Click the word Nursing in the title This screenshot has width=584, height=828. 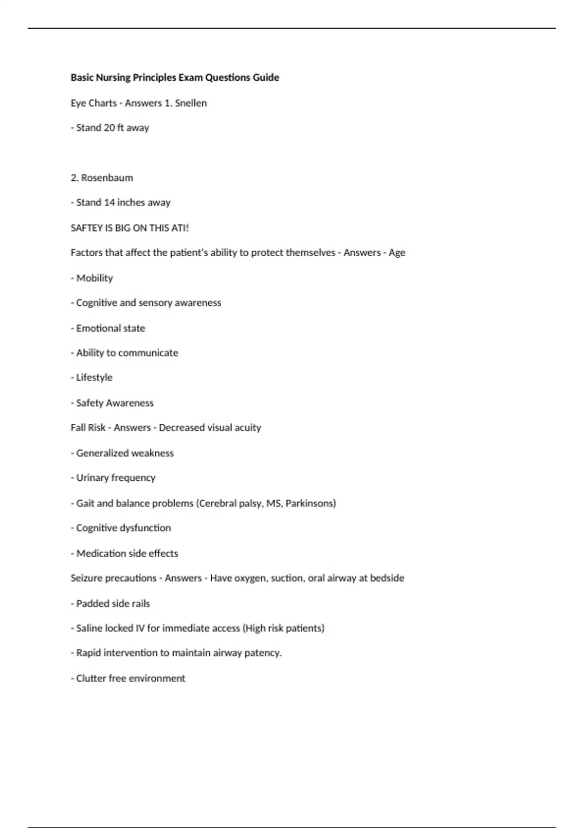(x=113, y=77)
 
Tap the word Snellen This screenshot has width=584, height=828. (x=191, y=103)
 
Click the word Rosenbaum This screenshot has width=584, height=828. (x=107, y=178)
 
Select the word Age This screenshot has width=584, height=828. (x=397, y=253)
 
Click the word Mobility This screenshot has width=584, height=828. (x=94, y=278)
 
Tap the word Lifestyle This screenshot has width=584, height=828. (x=94, y=377)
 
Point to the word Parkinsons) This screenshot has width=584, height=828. (x=310, y=503)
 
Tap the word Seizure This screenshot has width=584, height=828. (x=86, y=578)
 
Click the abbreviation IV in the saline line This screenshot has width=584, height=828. (x=140, y=628)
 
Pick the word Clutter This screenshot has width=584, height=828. (x=91, y=678)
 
